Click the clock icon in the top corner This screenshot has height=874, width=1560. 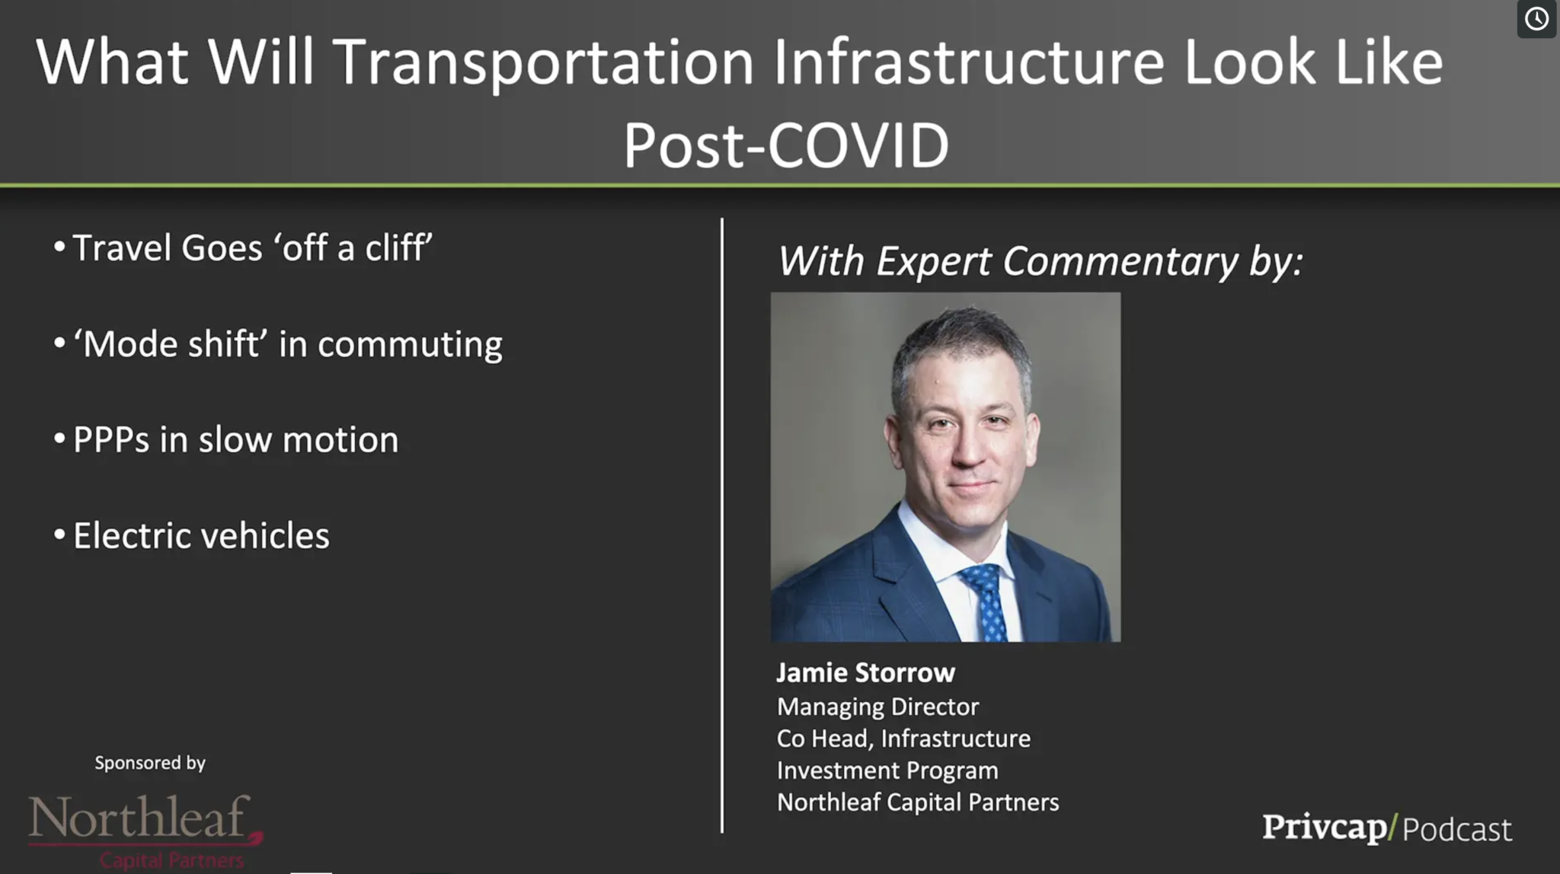tap(1536, 18)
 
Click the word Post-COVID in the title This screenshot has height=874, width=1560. tap(786, 145)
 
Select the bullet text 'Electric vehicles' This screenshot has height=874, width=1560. tap(201, 535)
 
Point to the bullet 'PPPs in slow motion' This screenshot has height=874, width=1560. tap(235, 439)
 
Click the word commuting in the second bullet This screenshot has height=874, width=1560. tap(410, 345)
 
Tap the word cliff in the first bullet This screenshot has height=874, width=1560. tap(398, 247)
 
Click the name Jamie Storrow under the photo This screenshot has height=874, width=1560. tap(865, 672)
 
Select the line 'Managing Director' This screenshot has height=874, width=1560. tap(877, 707)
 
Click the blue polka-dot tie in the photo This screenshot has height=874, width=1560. tap(986, 601)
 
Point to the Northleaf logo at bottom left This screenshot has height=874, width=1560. tap(145, 831)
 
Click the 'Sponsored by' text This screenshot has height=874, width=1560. tap(150, 763)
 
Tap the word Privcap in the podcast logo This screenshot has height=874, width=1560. tap(1325, 828)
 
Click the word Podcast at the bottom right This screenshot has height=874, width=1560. tap(1456, 829)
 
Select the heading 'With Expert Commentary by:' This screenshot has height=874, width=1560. tap(1040, 261)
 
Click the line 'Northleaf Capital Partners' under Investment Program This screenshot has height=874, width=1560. tap(918, 802)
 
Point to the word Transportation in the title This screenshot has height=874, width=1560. tap(543, 62)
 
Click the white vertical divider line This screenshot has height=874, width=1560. tap(722, 525)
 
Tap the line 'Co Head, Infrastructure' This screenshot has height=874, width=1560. tap(903, 738)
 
